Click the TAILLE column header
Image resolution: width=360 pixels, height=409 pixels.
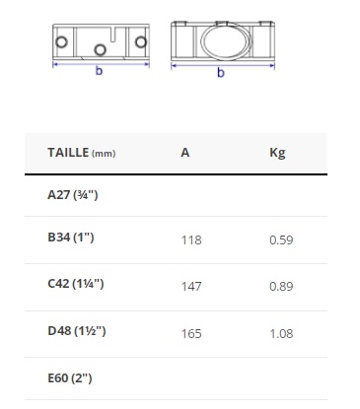tap(82, 153)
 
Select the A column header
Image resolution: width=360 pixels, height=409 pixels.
tap(185, 153)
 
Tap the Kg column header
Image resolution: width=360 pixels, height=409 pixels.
tap(277, 153)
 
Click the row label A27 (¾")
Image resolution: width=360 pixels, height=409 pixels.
tap(73, 195)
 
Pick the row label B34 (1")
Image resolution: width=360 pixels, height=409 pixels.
tap(71, 237)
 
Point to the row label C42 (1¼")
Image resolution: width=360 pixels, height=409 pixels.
tap(76, 283)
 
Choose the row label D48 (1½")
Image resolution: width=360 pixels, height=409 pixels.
tap(77, 330)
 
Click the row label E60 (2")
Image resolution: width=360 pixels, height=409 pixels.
tap(70, 377)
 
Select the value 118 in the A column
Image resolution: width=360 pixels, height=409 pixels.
tap(191, 239)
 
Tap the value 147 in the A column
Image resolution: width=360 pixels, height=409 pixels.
tap(191, 287)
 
